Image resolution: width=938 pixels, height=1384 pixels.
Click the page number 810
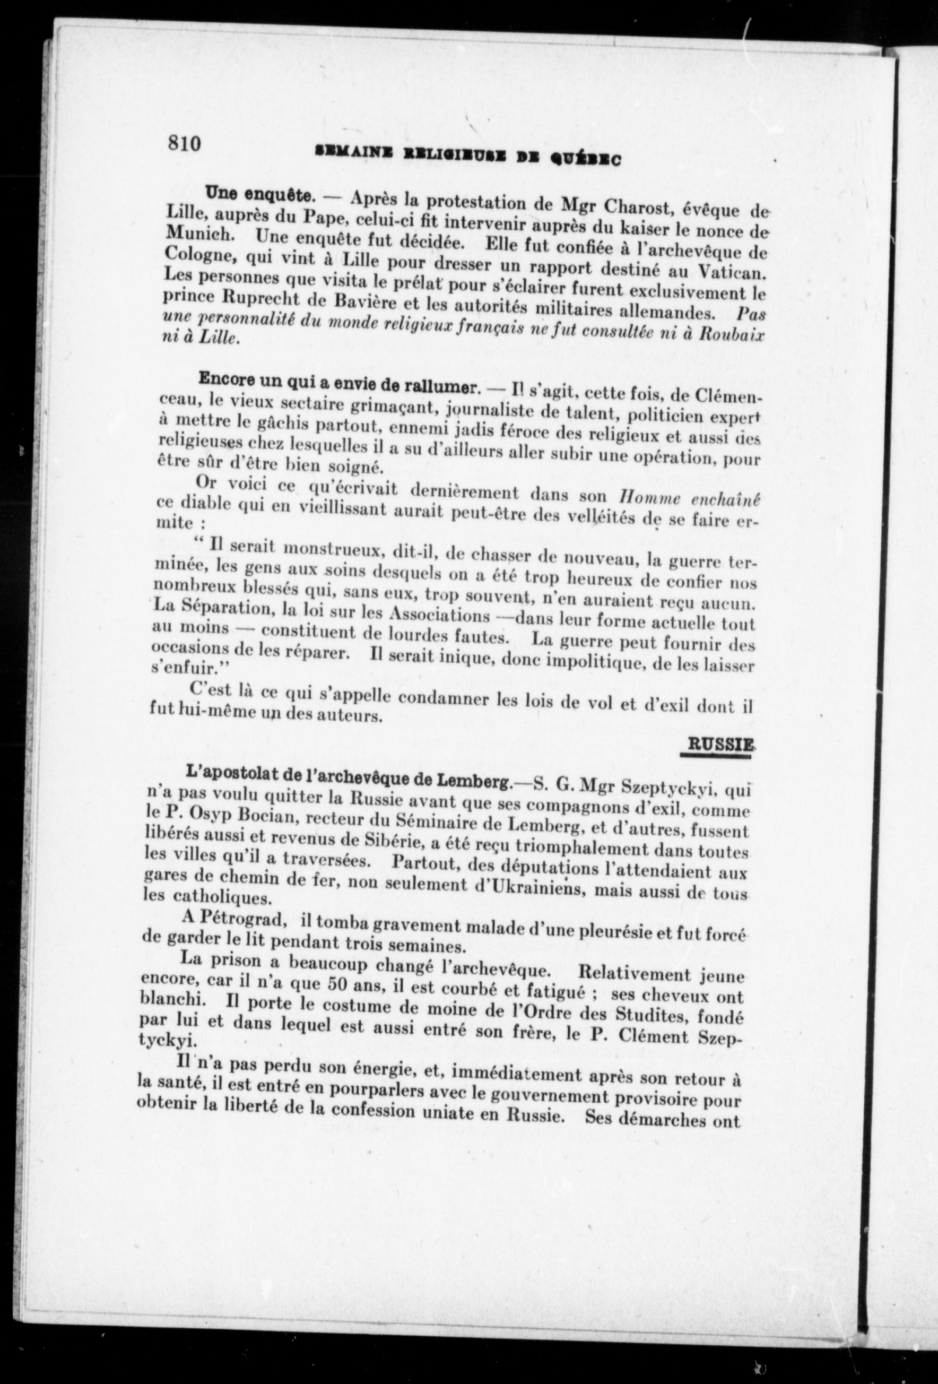click(x=185, y=144)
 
